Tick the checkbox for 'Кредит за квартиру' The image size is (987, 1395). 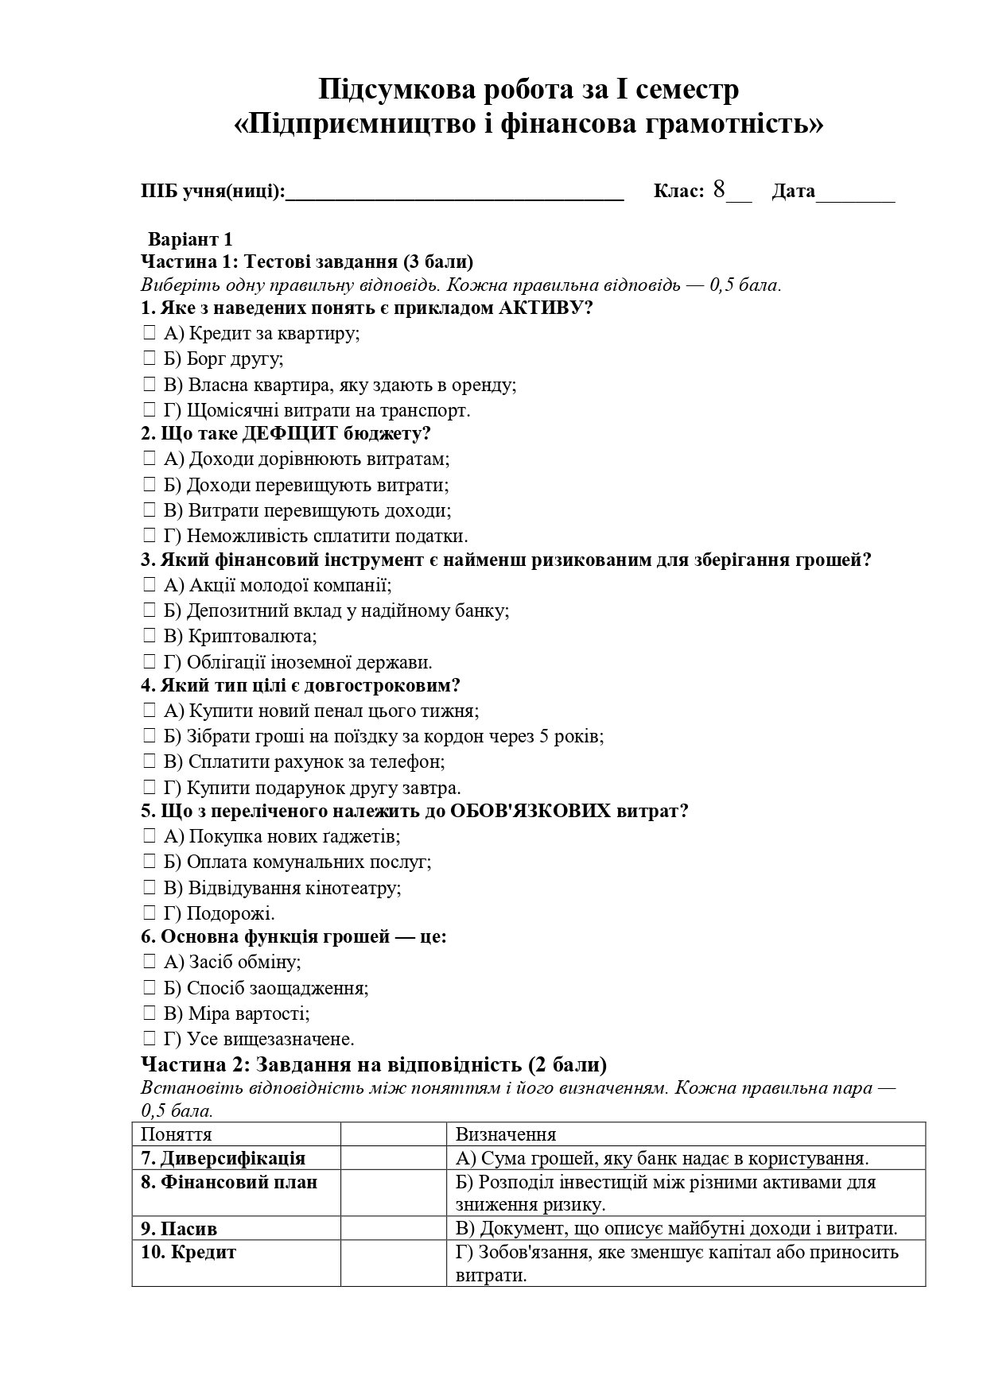[150, 334]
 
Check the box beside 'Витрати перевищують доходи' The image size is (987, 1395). [150, 510]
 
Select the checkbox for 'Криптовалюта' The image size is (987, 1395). [150, 637]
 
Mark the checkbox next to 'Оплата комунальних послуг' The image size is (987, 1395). [150, 862]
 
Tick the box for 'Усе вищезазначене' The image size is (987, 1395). [150, 1039]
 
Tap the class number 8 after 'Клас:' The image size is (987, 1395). [719, 189]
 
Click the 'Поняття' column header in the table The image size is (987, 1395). [177, 1134]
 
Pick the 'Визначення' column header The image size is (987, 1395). [505, 1134]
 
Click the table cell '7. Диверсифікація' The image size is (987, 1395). [223, 1158]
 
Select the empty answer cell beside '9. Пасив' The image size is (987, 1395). [393, 1229]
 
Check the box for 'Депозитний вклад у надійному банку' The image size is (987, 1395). [150, 611]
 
